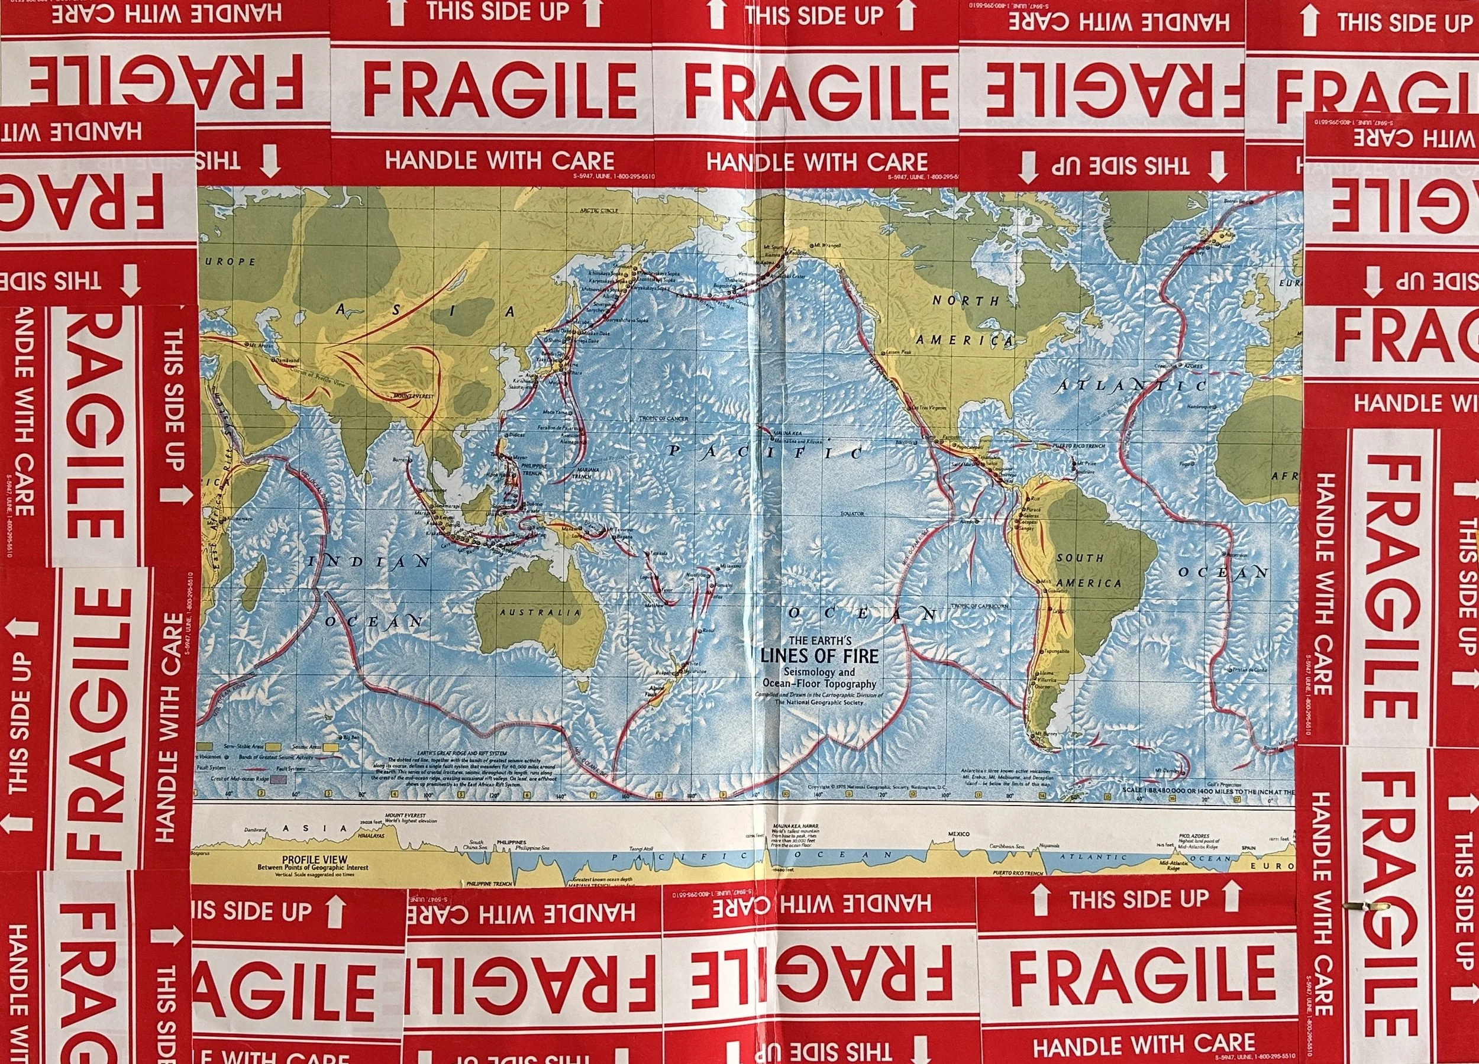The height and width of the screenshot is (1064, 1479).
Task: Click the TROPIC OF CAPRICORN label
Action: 980,606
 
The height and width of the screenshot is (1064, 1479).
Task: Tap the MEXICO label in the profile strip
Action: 958,835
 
